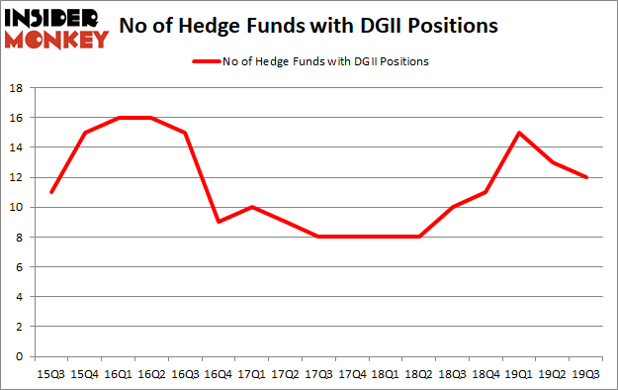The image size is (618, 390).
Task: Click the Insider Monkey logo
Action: tap(55, 28)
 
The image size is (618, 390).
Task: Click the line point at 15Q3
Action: tap(50, 192)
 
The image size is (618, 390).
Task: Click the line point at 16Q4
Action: tap(219, 222)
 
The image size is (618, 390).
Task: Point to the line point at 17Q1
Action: tap(252, 207)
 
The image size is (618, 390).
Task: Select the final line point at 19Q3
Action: tap(587, 177)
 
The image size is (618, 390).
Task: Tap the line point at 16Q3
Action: tap(185, 133)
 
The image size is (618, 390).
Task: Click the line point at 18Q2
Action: tap(419, 237)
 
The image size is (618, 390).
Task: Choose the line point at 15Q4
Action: tap(84, 133)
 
